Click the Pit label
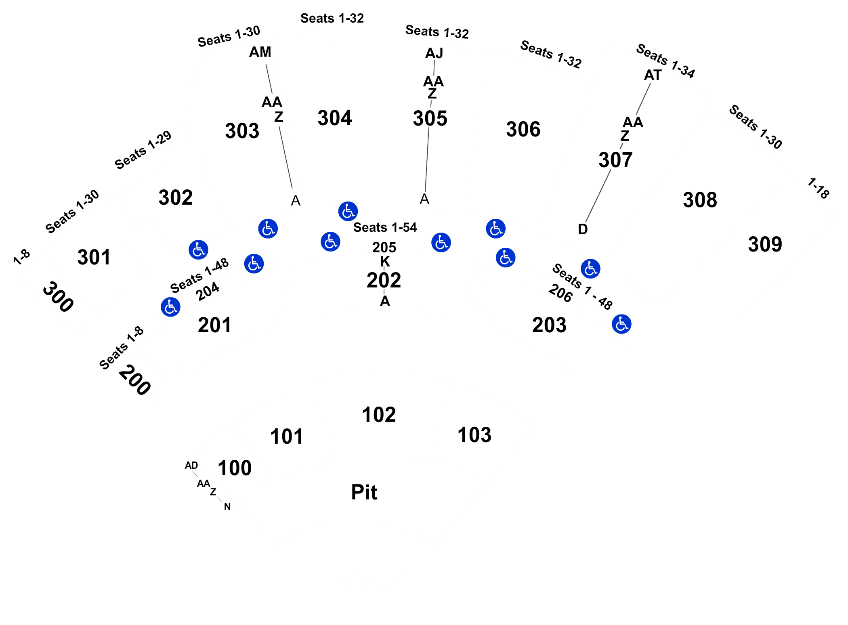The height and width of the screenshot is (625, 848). tap(364, 492)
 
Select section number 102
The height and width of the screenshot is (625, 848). tap(379, 415)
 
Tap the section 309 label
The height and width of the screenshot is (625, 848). tap(765, 244)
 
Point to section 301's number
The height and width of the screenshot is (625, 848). tap(94, 257)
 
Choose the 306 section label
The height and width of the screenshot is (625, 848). tap(523, 129)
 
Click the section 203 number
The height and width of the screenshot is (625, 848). tap(549, 325)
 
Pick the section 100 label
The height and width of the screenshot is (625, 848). tap(235, 468)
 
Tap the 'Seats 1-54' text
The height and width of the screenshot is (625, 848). tap(385, 227)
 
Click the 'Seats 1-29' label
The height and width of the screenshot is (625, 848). tap(143, 150)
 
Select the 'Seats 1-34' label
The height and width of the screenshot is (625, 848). tap(665, 61)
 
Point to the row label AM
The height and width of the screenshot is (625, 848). tap(260, 52)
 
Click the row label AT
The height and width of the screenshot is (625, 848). tap(653, 75)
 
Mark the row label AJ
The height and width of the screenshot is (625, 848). tap(434, 53)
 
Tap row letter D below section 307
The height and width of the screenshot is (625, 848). tap(583, 229)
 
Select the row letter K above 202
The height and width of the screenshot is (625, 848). tap(385, 262)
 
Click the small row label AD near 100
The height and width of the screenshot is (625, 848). tap(191, 466)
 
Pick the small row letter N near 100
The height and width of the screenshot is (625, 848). tap(227, 507)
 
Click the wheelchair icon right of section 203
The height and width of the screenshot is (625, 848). tap(621, 324)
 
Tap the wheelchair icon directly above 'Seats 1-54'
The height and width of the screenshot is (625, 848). tap(348, 211)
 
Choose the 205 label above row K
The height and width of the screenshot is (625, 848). tap(384, 247)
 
